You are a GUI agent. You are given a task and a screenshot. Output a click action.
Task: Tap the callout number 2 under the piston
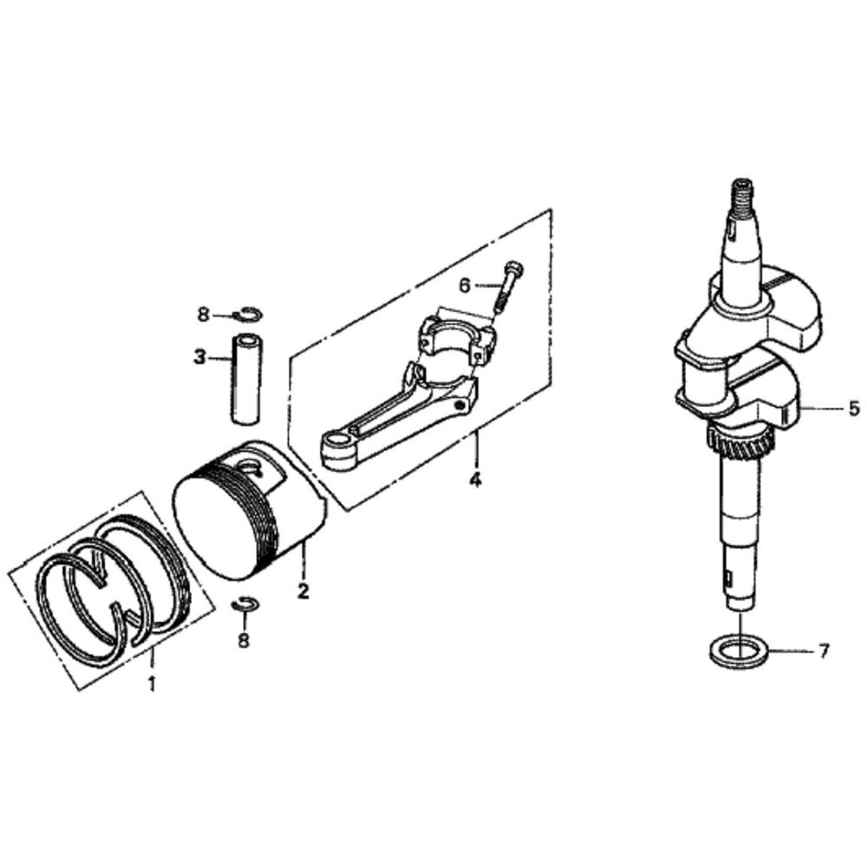(303, 591)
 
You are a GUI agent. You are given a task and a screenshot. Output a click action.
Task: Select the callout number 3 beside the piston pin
(199, 357)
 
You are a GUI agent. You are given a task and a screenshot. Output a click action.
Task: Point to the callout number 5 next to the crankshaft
(854, 408)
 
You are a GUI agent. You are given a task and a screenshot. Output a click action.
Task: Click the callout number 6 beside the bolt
(465, 285)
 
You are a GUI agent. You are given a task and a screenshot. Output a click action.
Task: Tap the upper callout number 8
(204, 316)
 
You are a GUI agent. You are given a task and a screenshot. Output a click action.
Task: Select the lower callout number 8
(244, 640)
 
